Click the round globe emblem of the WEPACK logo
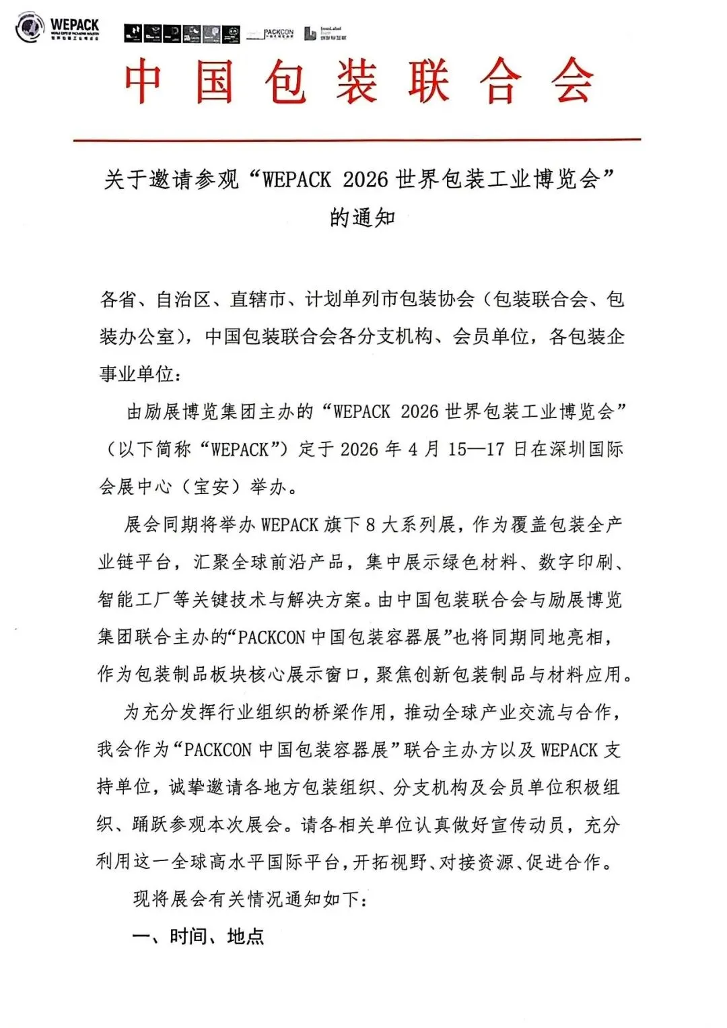29,28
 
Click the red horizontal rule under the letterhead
357,140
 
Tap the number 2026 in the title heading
366,180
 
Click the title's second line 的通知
362,218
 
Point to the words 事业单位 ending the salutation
137,374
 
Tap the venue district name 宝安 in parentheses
211,486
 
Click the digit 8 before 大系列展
370,524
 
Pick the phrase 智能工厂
134,599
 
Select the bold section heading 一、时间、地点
198,936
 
